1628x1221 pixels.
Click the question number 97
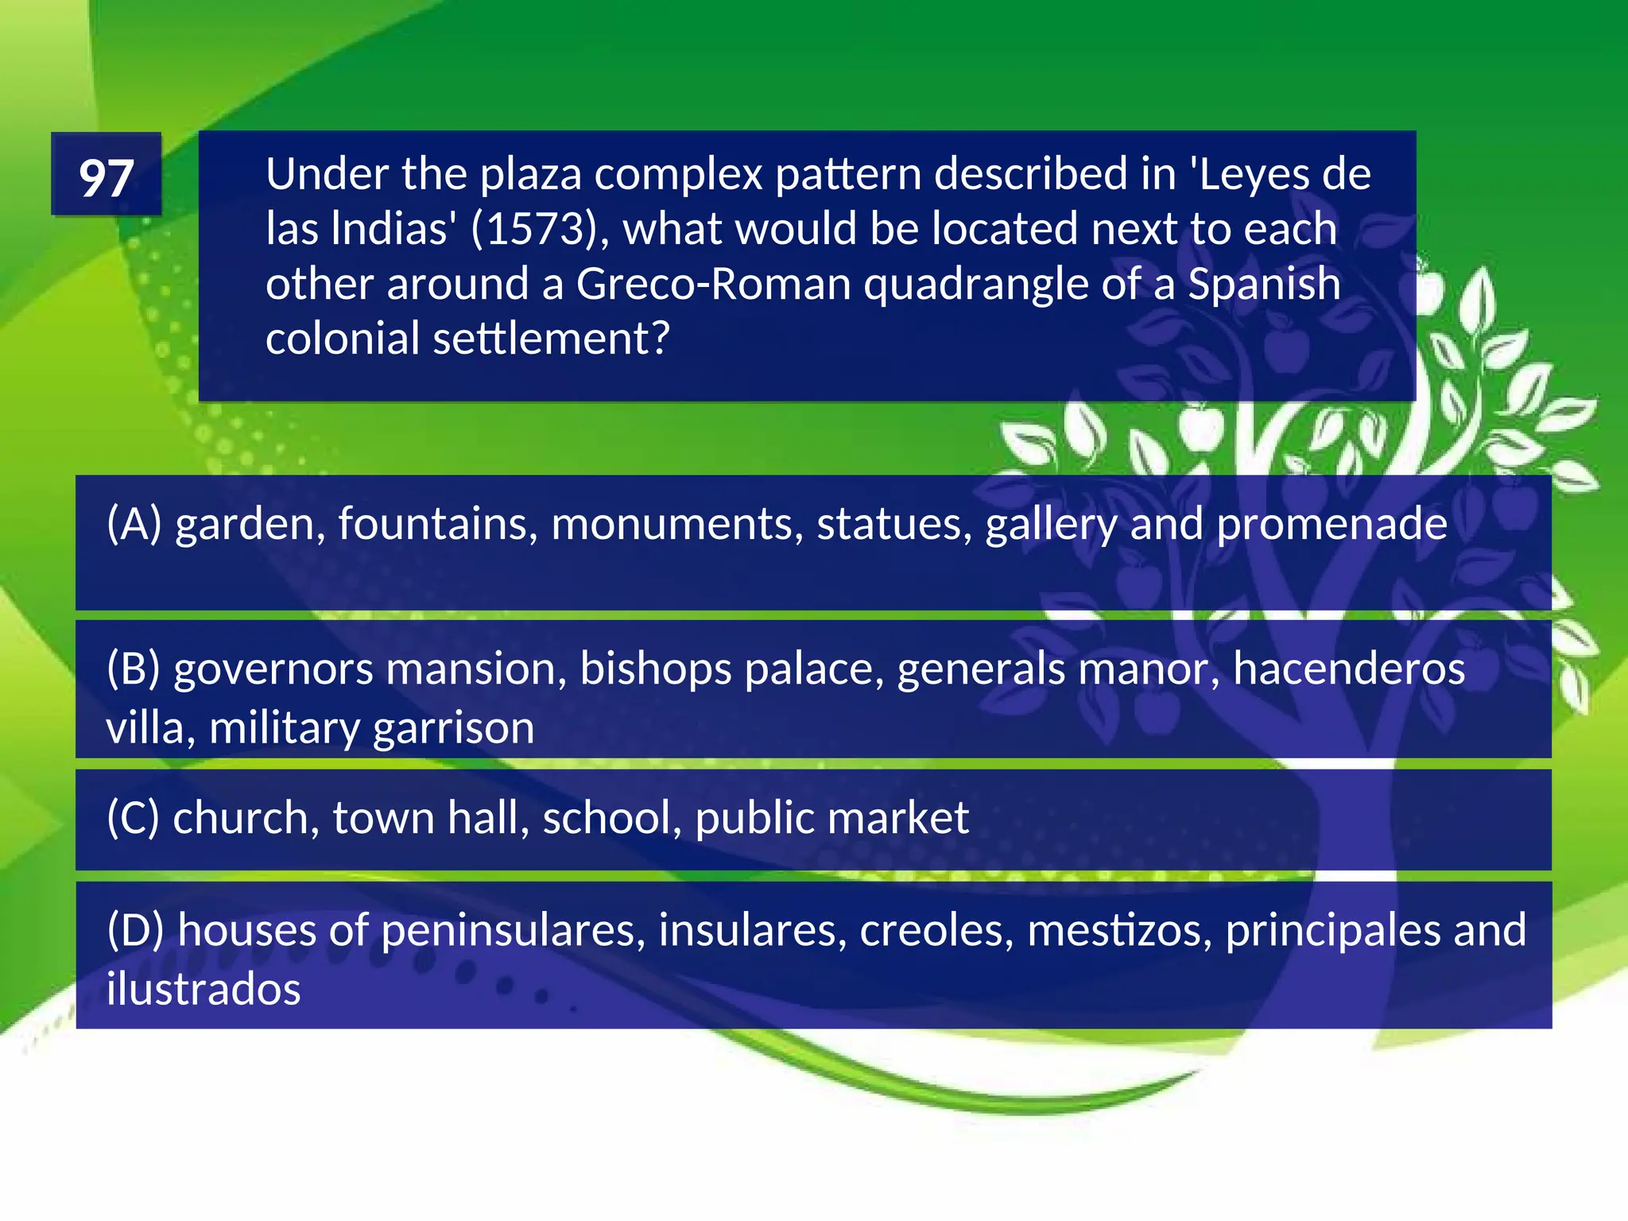point(106,176)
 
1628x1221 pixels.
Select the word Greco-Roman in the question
point(713,285)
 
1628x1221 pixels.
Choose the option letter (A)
point(134,525)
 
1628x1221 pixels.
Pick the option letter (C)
point(134,818)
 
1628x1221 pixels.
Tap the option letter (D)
point(136,930)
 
